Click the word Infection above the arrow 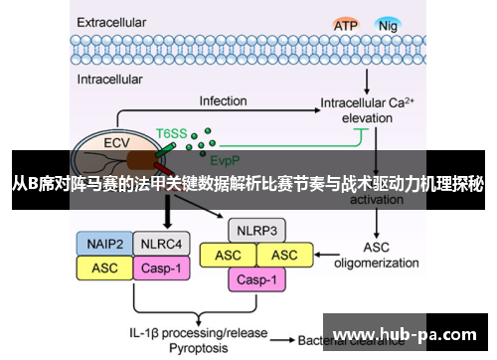point(223,100)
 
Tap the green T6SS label point(171,131)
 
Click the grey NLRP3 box point(256,232)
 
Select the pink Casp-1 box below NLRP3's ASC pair point(256,279)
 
